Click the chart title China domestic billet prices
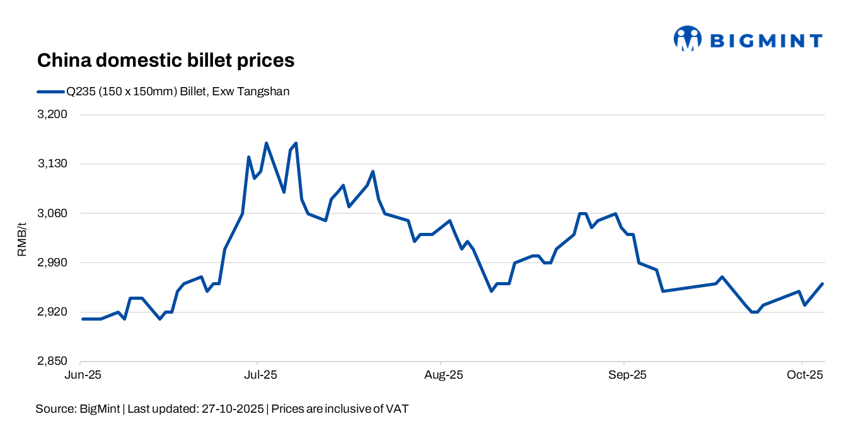tap(166, 61)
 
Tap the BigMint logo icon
tap(687, 38)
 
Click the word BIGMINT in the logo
tap(766, 41)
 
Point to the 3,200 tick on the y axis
tap(54, 115)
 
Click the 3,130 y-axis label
tap(54, 164)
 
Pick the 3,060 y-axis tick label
tap(54, 213)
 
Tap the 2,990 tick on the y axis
tap(54, 263)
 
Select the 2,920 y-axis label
tap(54, 312)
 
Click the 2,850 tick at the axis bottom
tap(54, 361)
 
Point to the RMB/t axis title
tap(22, 239)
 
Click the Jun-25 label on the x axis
tap(82, 375)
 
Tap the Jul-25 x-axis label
tap(260, 375)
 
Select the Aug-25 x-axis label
tap(444, 375)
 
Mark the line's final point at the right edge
tap(823, 284)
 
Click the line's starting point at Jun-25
tap(83, 319)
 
